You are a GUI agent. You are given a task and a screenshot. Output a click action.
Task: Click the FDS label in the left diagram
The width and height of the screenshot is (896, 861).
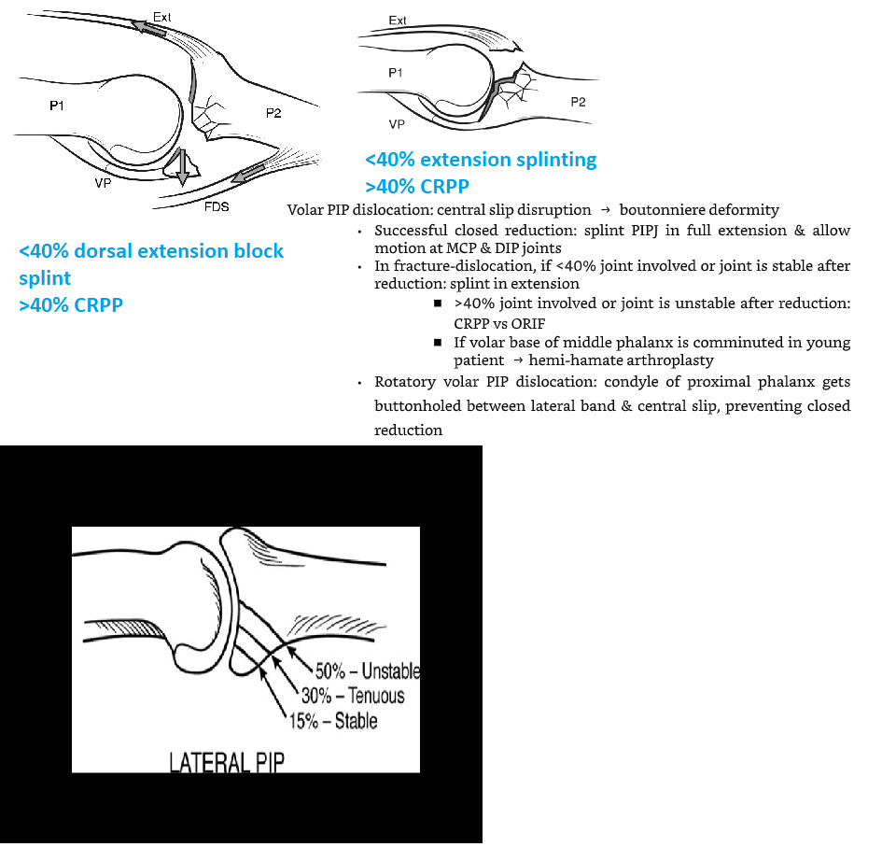coord(217,206)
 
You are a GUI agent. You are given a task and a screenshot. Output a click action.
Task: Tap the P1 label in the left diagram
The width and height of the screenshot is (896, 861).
coord(57,106)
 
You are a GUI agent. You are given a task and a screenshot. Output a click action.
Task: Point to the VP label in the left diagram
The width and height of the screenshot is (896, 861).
coord(103,183)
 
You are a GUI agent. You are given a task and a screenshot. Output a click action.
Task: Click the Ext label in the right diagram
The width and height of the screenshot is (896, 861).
coord(398,20)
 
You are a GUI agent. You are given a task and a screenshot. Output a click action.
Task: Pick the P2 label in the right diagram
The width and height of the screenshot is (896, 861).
coord(578,102)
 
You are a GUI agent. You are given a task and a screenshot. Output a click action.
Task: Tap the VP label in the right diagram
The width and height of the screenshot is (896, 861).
coord(398,123)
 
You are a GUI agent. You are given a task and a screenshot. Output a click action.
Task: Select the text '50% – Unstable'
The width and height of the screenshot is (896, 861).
coord(367,671)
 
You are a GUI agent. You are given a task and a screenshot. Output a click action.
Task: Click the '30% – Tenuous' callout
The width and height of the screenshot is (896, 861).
coord(352,696)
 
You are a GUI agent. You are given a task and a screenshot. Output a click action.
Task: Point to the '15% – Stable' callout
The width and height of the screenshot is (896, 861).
coord(333,720)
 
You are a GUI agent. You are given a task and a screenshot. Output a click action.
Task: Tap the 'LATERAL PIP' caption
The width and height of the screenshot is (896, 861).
coord(227,762)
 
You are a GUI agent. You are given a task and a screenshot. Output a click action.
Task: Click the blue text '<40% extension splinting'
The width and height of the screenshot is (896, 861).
coord(481,160)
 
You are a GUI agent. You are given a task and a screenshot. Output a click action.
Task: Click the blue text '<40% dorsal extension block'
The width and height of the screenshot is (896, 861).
coord(151,251)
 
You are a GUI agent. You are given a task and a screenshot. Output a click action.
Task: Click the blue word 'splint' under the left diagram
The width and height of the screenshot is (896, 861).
coord(45,278)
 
